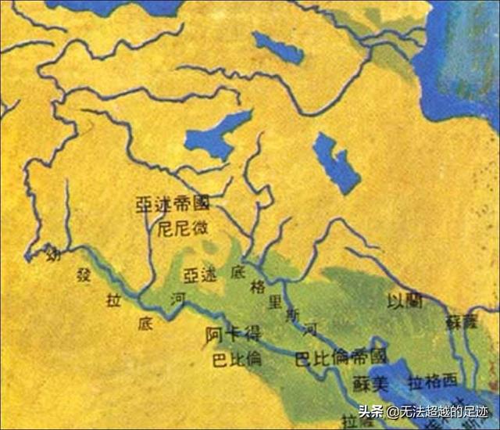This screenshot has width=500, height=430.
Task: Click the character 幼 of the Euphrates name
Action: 52,252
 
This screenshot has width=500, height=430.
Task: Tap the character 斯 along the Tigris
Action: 291,316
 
